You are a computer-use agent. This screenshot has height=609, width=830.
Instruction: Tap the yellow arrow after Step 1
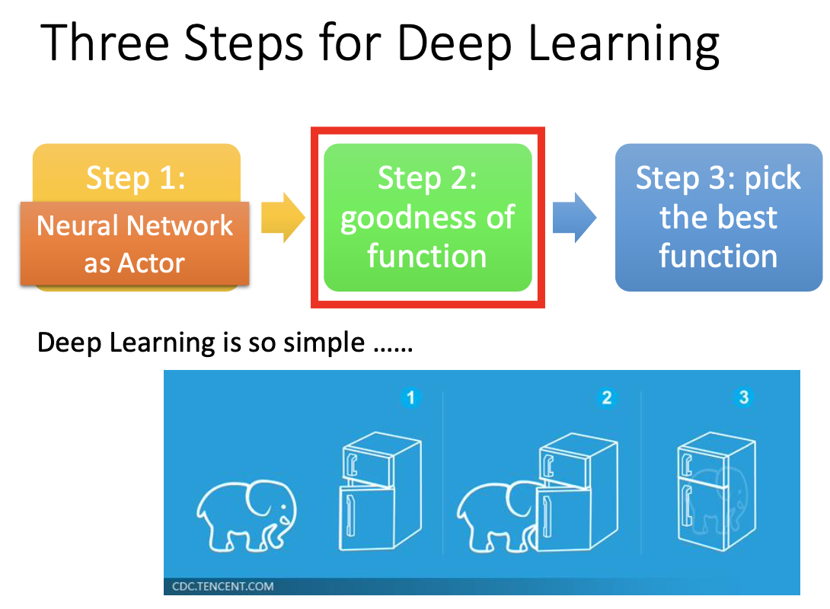(x=283, y=218)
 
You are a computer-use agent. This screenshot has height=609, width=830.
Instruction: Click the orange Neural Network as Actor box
(x=135, y=244)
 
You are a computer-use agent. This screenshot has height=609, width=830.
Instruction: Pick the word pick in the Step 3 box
(x=773, y=178)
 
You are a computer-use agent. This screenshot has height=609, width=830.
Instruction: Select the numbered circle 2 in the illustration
(x=606, y=397)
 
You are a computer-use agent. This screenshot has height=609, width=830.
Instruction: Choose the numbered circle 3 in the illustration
(x=744, y=397)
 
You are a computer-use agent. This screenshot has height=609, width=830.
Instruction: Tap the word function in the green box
(x=426, y=257)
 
